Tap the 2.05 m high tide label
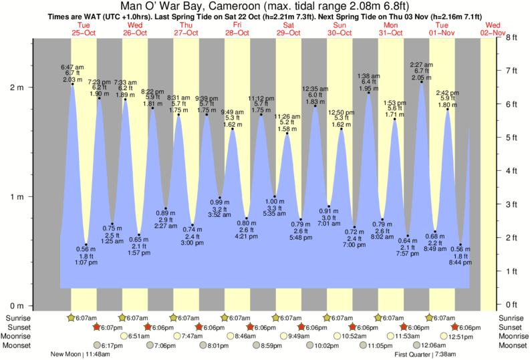coord(422,77)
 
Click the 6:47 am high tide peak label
coord(72,67)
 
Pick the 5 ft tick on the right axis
coord(513,138)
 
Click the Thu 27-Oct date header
coord(185,28)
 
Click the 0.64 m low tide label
coord(407,240)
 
